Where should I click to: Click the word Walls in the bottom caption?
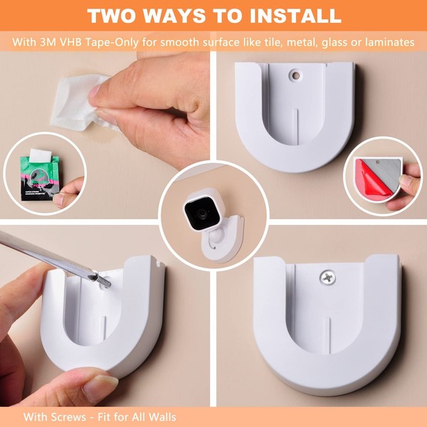161,416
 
